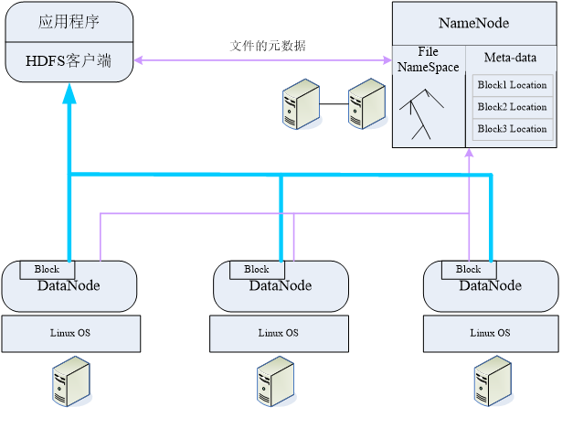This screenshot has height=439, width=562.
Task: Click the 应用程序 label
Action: (69, 22)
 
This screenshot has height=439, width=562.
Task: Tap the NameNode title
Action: (473, 23)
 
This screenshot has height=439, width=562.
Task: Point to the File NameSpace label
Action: (428, 59)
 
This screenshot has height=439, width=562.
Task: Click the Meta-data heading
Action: (510, 59)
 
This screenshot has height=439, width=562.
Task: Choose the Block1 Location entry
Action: (512, 85)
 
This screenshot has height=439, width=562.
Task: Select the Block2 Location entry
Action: (512, 107)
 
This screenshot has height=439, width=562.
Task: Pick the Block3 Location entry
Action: (512, 129)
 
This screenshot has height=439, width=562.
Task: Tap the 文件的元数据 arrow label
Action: (268, 46)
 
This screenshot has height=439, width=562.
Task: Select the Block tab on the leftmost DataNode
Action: (47, 269)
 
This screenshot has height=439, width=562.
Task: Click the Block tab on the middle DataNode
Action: (257, 269)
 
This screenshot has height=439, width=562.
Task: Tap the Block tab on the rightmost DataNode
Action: (468, 269)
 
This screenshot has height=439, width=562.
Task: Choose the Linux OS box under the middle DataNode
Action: (278, 334)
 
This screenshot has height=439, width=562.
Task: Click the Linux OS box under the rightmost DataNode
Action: (489, 334)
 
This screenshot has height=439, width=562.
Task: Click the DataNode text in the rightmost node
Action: (491, 286)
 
